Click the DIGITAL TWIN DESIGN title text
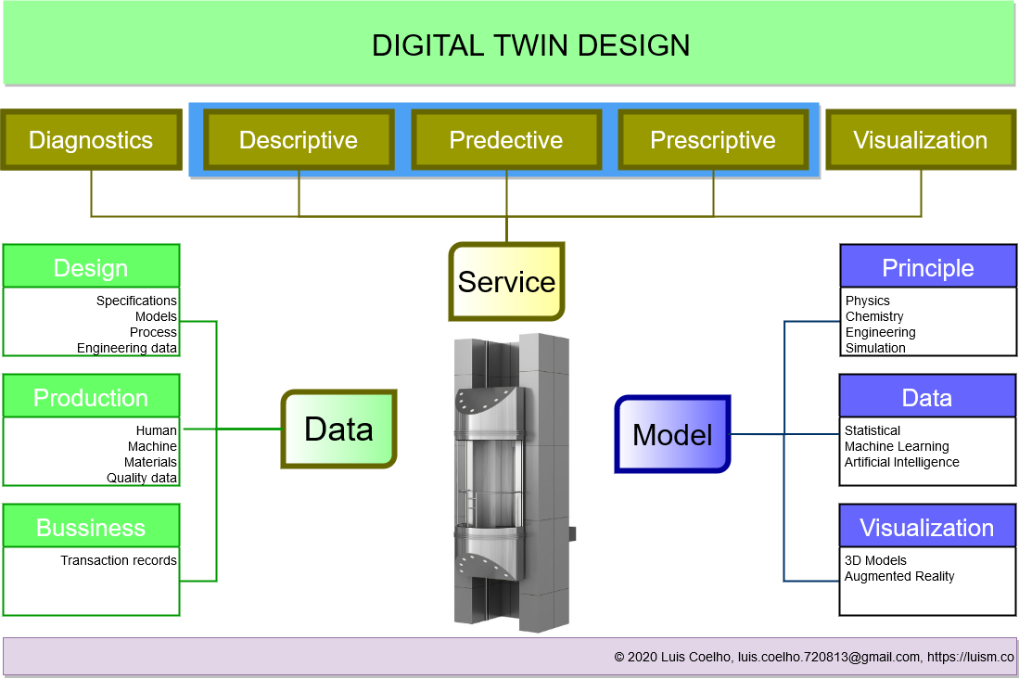point(530,45)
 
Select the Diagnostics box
point(91,140)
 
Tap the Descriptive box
point(299,140)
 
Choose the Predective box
point(506,140)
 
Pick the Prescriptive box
point(713,140)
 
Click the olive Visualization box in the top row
point(921,140)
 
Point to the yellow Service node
point(506,282)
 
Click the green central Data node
point(339,429)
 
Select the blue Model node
point(672,434)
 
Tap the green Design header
point(91,268)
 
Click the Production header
point(91,398)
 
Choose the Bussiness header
point(91,528)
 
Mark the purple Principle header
point(928,268)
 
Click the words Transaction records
point(119,560)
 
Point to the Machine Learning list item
point(897,446)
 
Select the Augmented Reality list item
point(899,576)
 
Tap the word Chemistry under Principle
point(874,316)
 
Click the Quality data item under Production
point(142,478)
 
